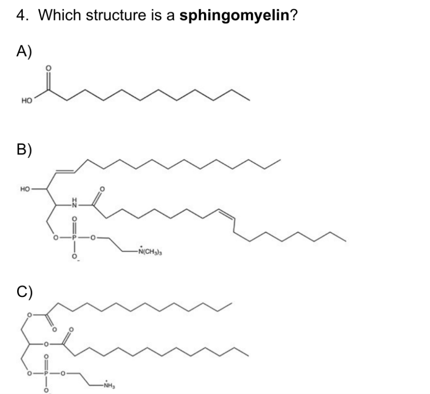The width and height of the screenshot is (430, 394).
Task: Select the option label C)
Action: point(25,290)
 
